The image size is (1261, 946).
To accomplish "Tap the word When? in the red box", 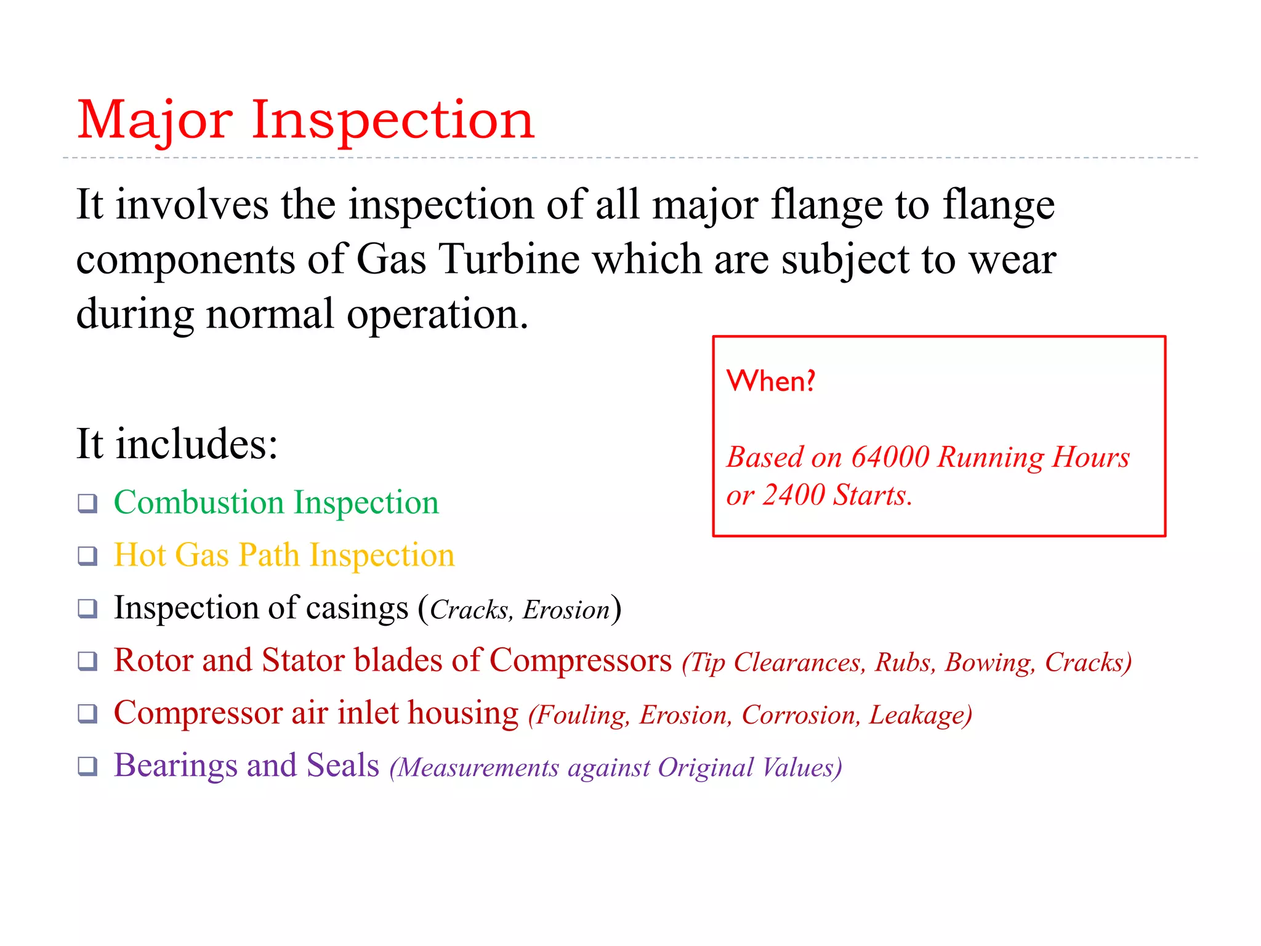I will pos(771,381).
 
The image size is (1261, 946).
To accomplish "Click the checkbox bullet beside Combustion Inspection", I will pos(87,504).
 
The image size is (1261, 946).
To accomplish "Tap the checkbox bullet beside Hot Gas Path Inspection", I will pos(87,556).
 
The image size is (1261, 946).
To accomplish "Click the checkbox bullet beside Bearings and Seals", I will pos(87,767).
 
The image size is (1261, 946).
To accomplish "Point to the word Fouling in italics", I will pos(581,716).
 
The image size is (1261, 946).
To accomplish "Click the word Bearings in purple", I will pos(175,767).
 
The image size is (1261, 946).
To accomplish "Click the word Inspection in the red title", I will pos(393,121).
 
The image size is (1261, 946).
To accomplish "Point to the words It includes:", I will pos(177,444).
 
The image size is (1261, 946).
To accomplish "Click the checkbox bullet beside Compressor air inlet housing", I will pos(87,714).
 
